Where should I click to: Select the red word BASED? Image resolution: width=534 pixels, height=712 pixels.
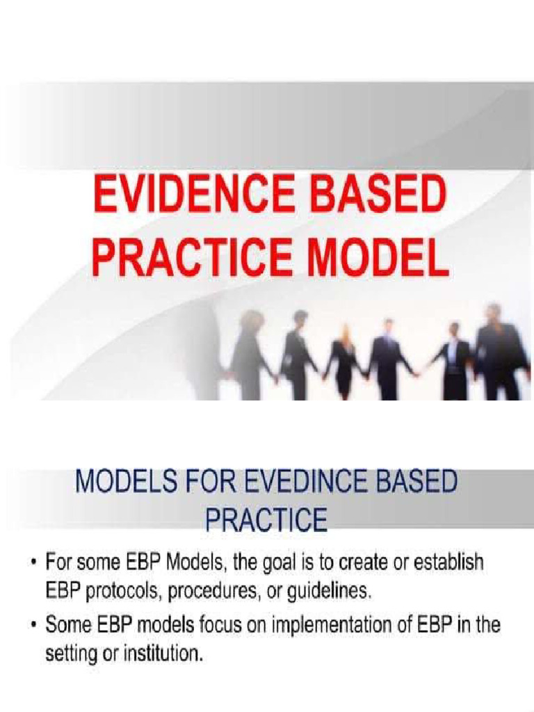pyautogui.click(x=378, y=198)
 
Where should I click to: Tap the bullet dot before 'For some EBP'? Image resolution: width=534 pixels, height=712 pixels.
pyautogui.click(x=32, y=563)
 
